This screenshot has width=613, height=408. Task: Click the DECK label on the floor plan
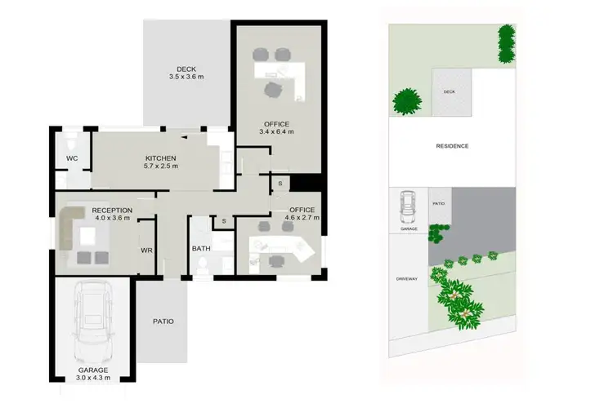click(186, 69)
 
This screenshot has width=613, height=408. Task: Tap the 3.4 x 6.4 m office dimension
click(276, 131)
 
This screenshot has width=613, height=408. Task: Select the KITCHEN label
click(162, 157)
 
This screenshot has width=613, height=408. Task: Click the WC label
click(72, 157)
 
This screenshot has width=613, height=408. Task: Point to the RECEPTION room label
click(112, 210)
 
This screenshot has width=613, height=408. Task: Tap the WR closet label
click(147, 251)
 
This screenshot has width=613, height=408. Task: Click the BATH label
click(201, 249)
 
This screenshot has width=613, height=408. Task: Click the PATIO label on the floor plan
click(163, 322)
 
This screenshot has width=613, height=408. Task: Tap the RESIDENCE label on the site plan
click(451, 146)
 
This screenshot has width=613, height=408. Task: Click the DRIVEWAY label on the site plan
click(407, 279)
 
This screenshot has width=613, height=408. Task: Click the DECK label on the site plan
click(449, 92)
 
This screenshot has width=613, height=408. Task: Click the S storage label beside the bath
click(223, 221)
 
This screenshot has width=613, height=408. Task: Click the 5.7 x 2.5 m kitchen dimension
click(162, 166)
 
